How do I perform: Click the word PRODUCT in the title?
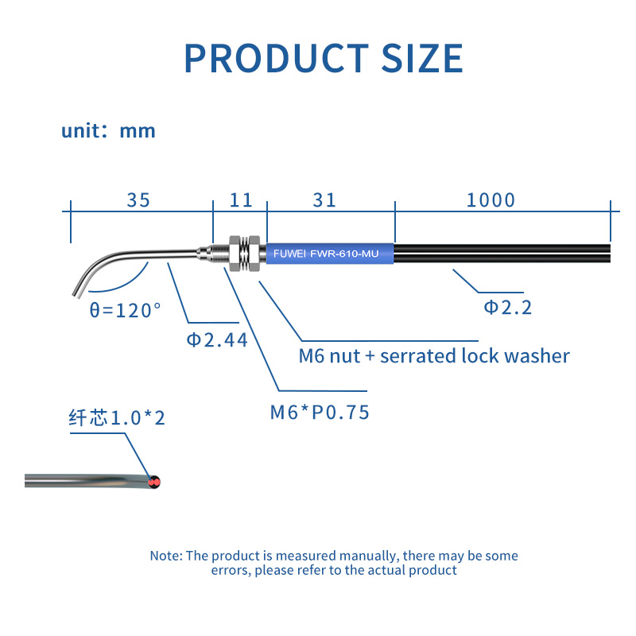coord(276,58)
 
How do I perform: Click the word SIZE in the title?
coord(422,58)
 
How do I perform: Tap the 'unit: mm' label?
coord(108,131)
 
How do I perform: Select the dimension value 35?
coord(138,200)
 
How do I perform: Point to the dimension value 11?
coord(241,200)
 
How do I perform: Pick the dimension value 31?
coord(324,200)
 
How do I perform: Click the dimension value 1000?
coord(491,200)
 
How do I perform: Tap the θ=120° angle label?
coord(125,310)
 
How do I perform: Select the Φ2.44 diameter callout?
coord(216,340)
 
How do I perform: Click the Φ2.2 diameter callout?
coord(507,308)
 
